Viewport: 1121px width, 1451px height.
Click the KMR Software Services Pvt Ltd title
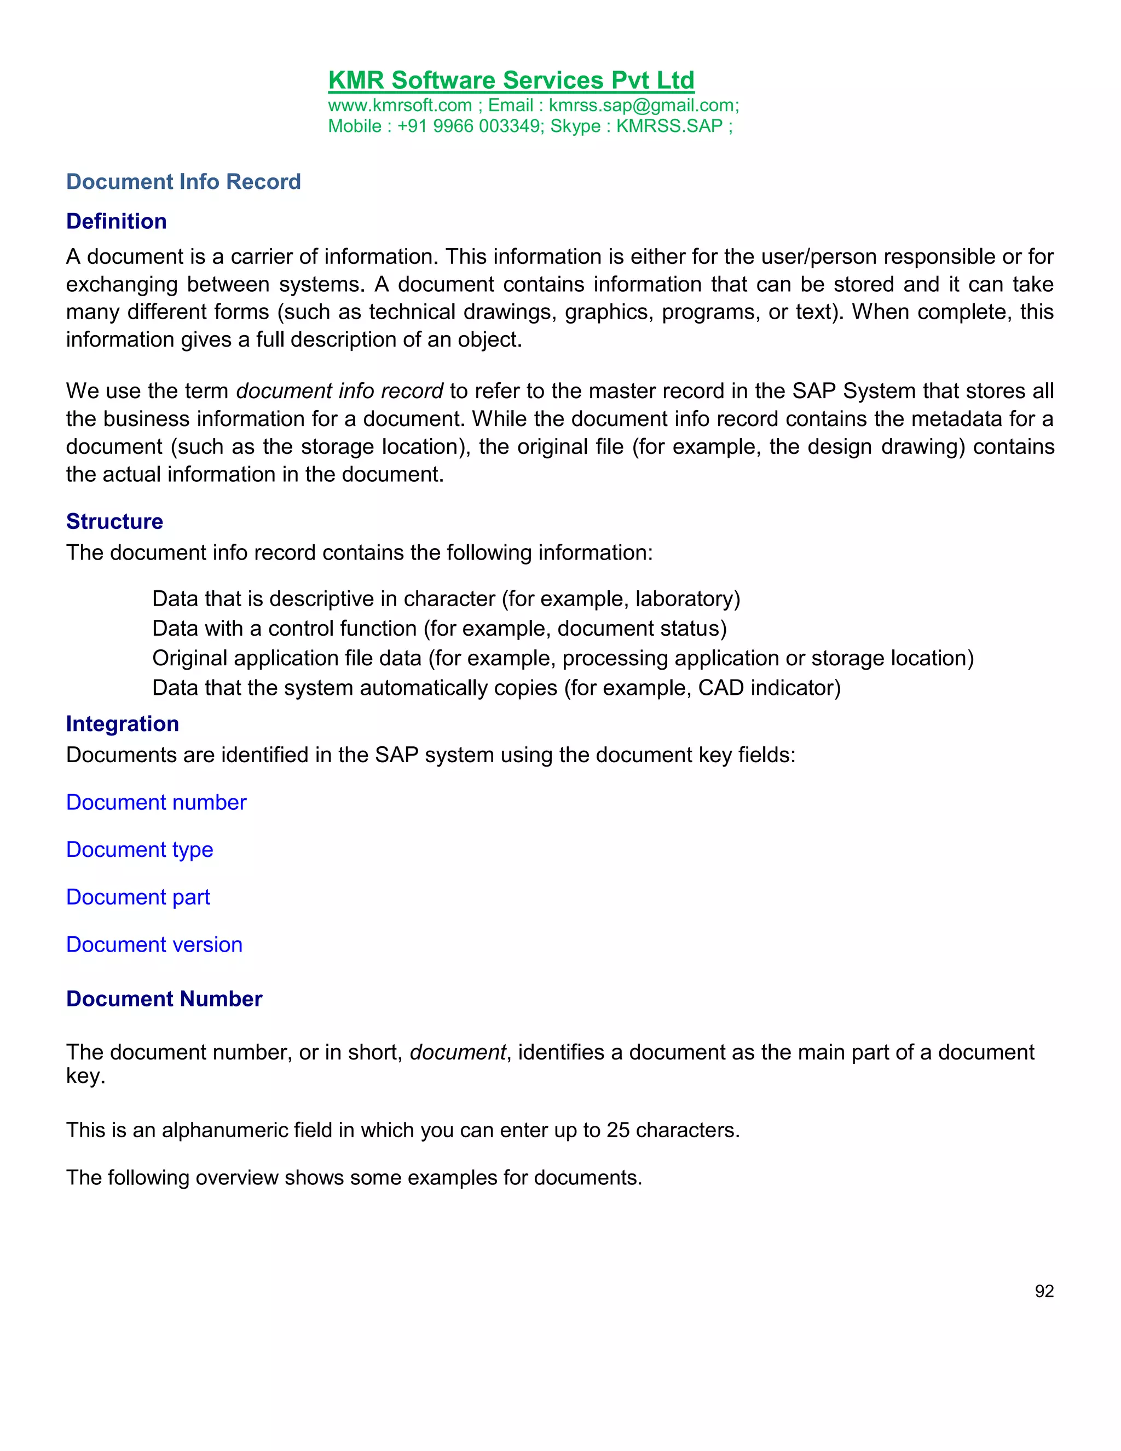(511, 80)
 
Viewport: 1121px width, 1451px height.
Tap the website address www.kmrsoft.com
(400, 106)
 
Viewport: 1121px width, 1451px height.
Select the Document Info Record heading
(183, 181)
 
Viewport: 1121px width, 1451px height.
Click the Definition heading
(116, 221)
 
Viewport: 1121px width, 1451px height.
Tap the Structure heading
(114, 521)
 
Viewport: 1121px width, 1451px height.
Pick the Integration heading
(122, 723)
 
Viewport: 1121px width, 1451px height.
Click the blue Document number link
(156, 803)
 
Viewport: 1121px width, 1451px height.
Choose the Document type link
(140, 850)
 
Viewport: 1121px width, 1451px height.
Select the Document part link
(137, 897)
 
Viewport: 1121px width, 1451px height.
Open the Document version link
(154, 945)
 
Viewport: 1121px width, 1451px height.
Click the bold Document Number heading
(164, 999)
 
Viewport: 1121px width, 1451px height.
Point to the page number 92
(1044, 1291)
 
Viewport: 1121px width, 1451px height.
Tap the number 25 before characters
(617, 1130)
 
